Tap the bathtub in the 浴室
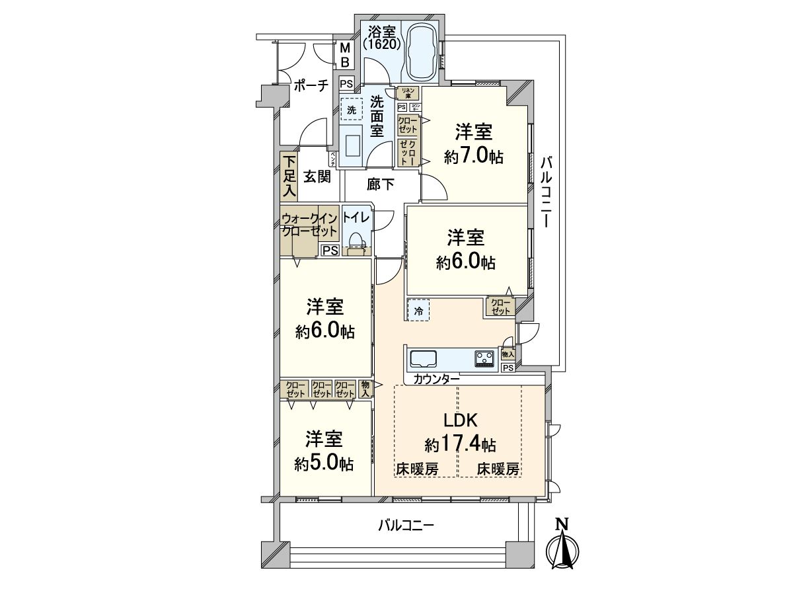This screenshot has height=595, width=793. tap(420, 52)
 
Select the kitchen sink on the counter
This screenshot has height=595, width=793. tap(424, 359)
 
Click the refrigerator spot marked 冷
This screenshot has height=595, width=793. tap(418, 309)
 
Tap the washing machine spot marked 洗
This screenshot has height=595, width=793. tap(352, 109)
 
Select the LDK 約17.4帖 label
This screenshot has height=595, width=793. tap(460, 431)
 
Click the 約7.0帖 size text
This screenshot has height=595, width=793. tap(473, 157)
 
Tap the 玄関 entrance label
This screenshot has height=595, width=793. tap(317, 177)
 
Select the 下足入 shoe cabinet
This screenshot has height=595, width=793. tap(289, 177)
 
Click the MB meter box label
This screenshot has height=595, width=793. tap(344, 55)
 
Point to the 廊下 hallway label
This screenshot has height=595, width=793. tap(380, 185)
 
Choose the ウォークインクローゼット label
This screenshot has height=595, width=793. tap(309, 225)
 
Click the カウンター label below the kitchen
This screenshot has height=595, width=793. tap(437, 379)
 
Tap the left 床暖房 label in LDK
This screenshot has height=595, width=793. tap(417, 469)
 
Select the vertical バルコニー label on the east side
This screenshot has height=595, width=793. tap(545, 192)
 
